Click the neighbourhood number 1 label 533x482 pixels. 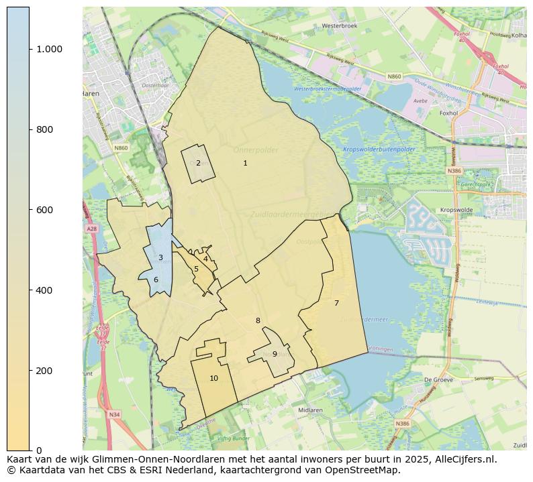245,163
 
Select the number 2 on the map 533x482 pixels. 198,163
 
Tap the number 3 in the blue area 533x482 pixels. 160,257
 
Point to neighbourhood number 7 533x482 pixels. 336,303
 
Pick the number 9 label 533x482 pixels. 275,354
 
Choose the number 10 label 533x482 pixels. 213,378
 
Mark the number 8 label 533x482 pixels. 258,320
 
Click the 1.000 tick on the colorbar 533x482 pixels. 49,49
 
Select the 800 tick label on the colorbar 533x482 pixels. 44,129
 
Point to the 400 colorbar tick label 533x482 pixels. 44,290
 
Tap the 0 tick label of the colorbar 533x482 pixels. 40,450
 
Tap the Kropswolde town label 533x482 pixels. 456,210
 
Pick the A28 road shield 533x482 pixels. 91,229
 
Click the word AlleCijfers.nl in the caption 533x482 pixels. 463,459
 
